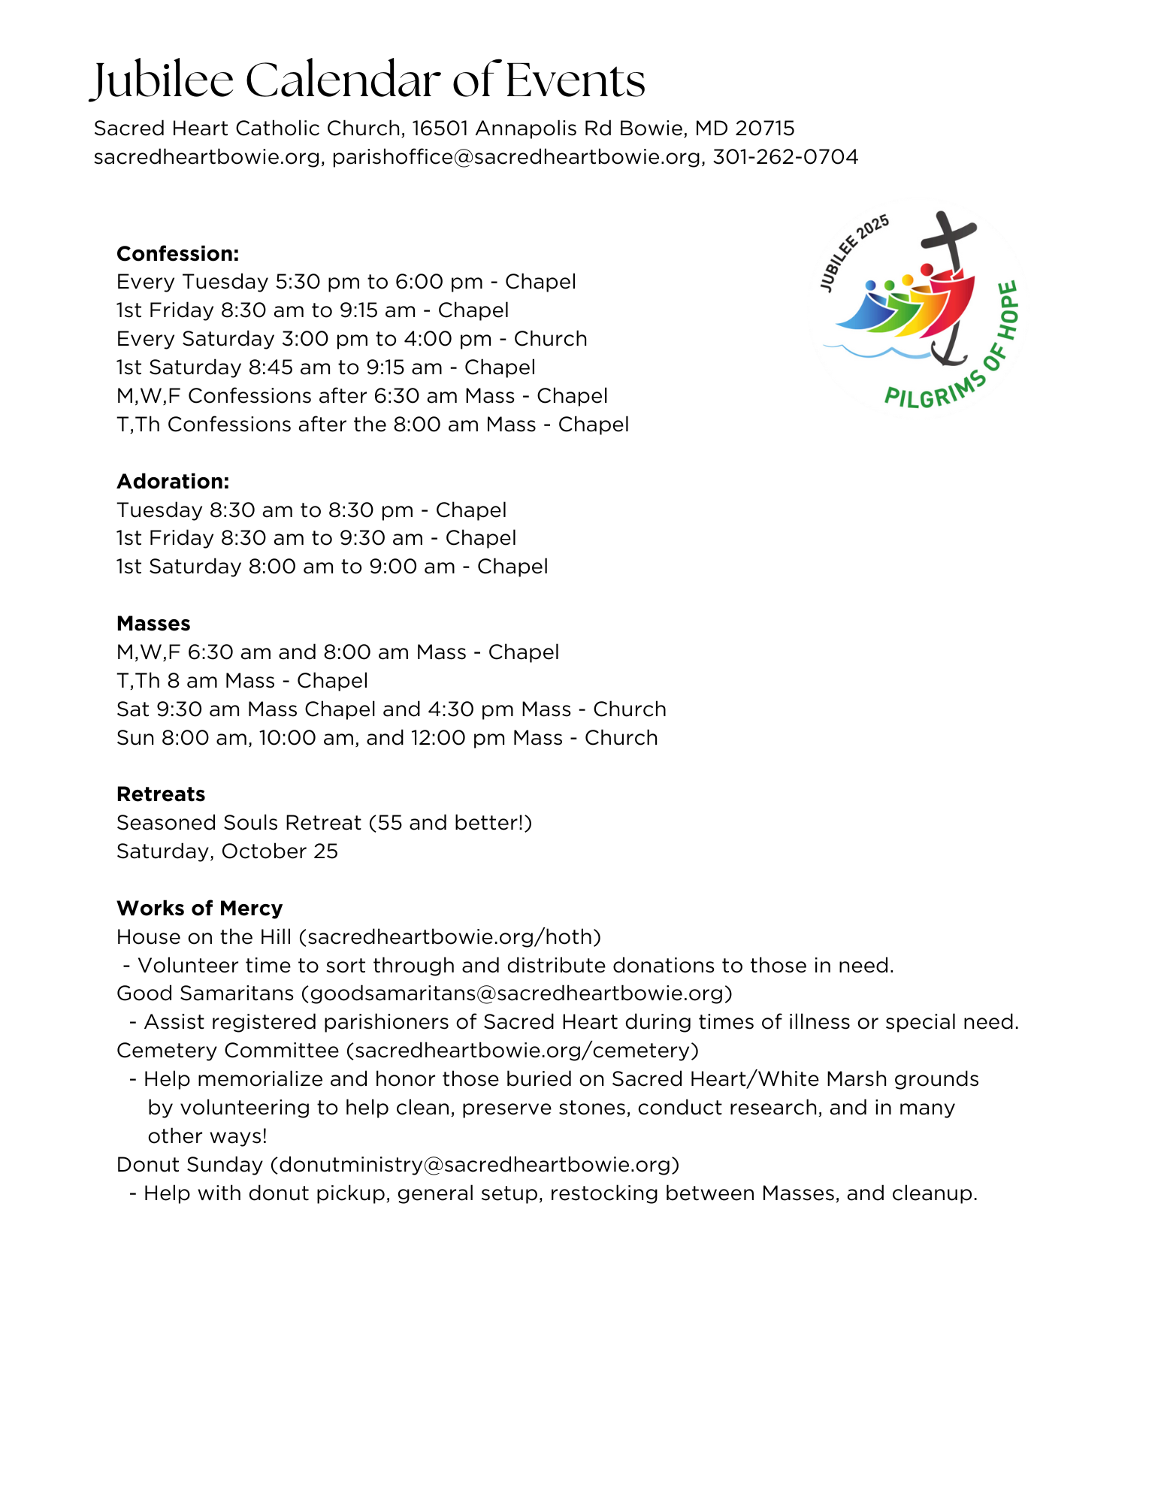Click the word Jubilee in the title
[x=163, y=80]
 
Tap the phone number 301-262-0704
[x=785, y=157]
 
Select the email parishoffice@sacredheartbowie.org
[x=516, y=157]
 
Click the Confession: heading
[x=177, y=254]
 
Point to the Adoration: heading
[x=173, y=482]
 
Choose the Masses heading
[x=153, y=624]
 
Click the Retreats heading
[x=161, y=794]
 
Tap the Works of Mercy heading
[x=199, y=909]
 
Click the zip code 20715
[x=764, y=129]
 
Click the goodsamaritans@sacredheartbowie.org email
[x=517, y=993]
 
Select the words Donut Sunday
[x=189, y=1165]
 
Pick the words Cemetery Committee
[x=228, y=1051]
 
